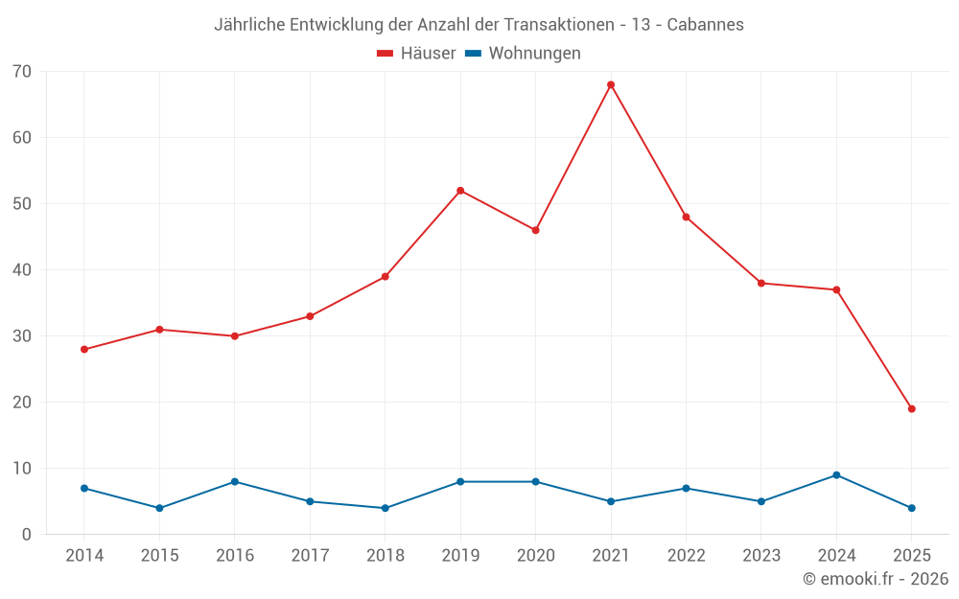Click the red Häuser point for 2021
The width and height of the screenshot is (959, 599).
(x=611, y=84)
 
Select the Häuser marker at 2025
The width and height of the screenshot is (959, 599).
(x=911, y=409)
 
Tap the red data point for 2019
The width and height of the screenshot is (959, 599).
(x=460, y=191)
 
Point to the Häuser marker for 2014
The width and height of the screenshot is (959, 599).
(x=84, y=350)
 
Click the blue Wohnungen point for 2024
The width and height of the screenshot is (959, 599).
(x=836, y=475)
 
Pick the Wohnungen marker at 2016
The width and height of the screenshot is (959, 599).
(x=235, y=482)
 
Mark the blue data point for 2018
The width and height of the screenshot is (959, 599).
(x=385, y=508)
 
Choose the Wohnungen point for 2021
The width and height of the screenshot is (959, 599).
(x=611, y=501)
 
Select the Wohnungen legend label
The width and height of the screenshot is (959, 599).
(x=534, y=54)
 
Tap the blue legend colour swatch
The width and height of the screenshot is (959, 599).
(x=473, y=54)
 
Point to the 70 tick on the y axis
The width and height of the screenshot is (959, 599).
(x=22, y=71)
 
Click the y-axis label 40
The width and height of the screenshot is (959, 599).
(x=22, y=270)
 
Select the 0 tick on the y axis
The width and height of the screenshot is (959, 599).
(x=27, y=535)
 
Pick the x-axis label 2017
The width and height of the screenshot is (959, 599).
(x=310, y=556)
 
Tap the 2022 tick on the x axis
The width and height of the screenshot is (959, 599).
(x=686, y=556)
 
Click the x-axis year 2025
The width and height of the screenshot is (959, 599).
(x=911, y=556)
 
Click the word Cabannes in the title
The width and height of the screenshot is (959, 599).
(x=706, y=25)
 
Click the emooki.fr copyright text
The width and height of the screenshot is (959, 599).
(x=876, y=579)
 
